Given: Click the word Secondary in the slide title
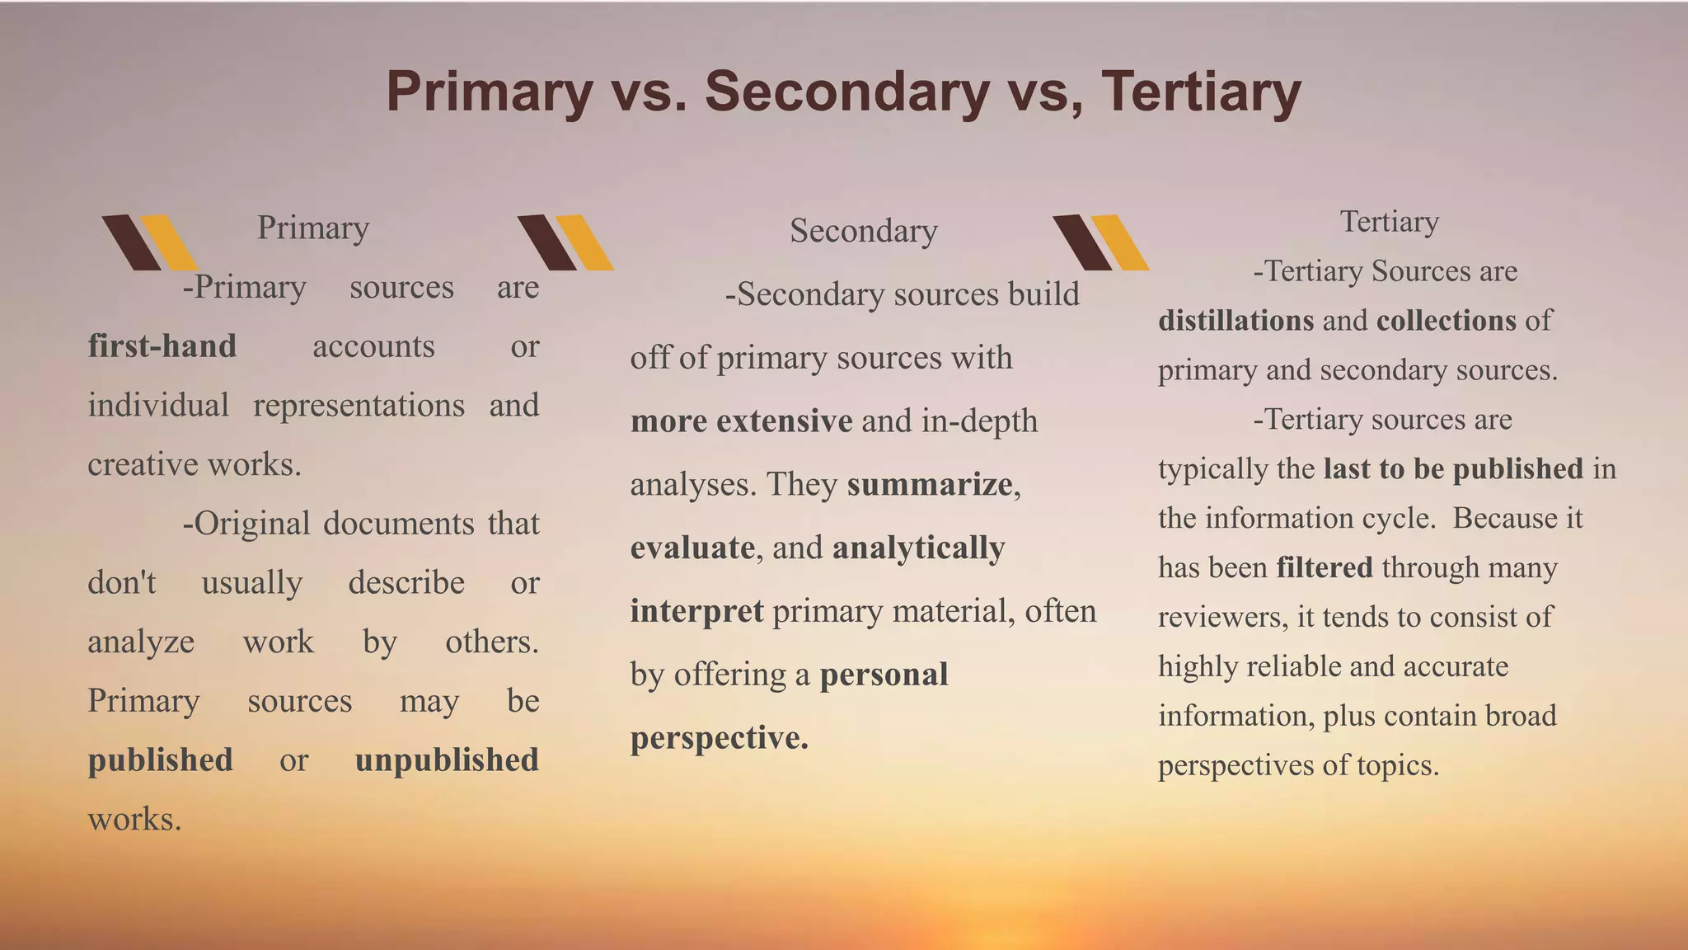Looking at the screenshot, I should [846, 92].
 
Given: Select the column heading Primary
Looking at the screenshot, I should [313, 228].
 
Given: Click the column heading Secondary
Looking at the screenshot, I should [864, 231].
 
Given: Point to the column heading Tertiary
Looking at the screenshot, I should [1389, 222].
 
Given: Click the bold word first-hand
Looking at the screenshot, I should [162, 346].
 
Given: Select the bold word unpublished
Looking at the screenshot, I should [447, 760].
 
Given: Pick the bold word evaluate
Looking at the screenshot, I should [692, 548].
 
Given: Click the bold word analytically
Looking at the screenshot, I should [918, 548].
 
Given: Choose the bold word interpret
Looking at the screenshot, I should [696, 611].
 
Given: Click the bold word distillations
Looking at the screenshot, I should [1236, 321].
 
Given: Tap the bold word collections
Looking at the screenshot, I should [1446, 321].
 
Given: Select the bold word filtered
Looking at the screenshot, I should [1324, 567].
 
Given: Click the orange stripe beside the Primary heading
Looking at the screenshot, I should [169, 242].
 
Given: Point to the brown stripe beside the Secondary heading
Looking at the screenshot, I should [547, 242].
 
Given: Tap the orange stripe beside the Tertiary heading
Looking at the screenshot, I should [1119, 242].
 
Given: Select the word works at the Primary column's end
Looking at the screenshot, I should [133, 820].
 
